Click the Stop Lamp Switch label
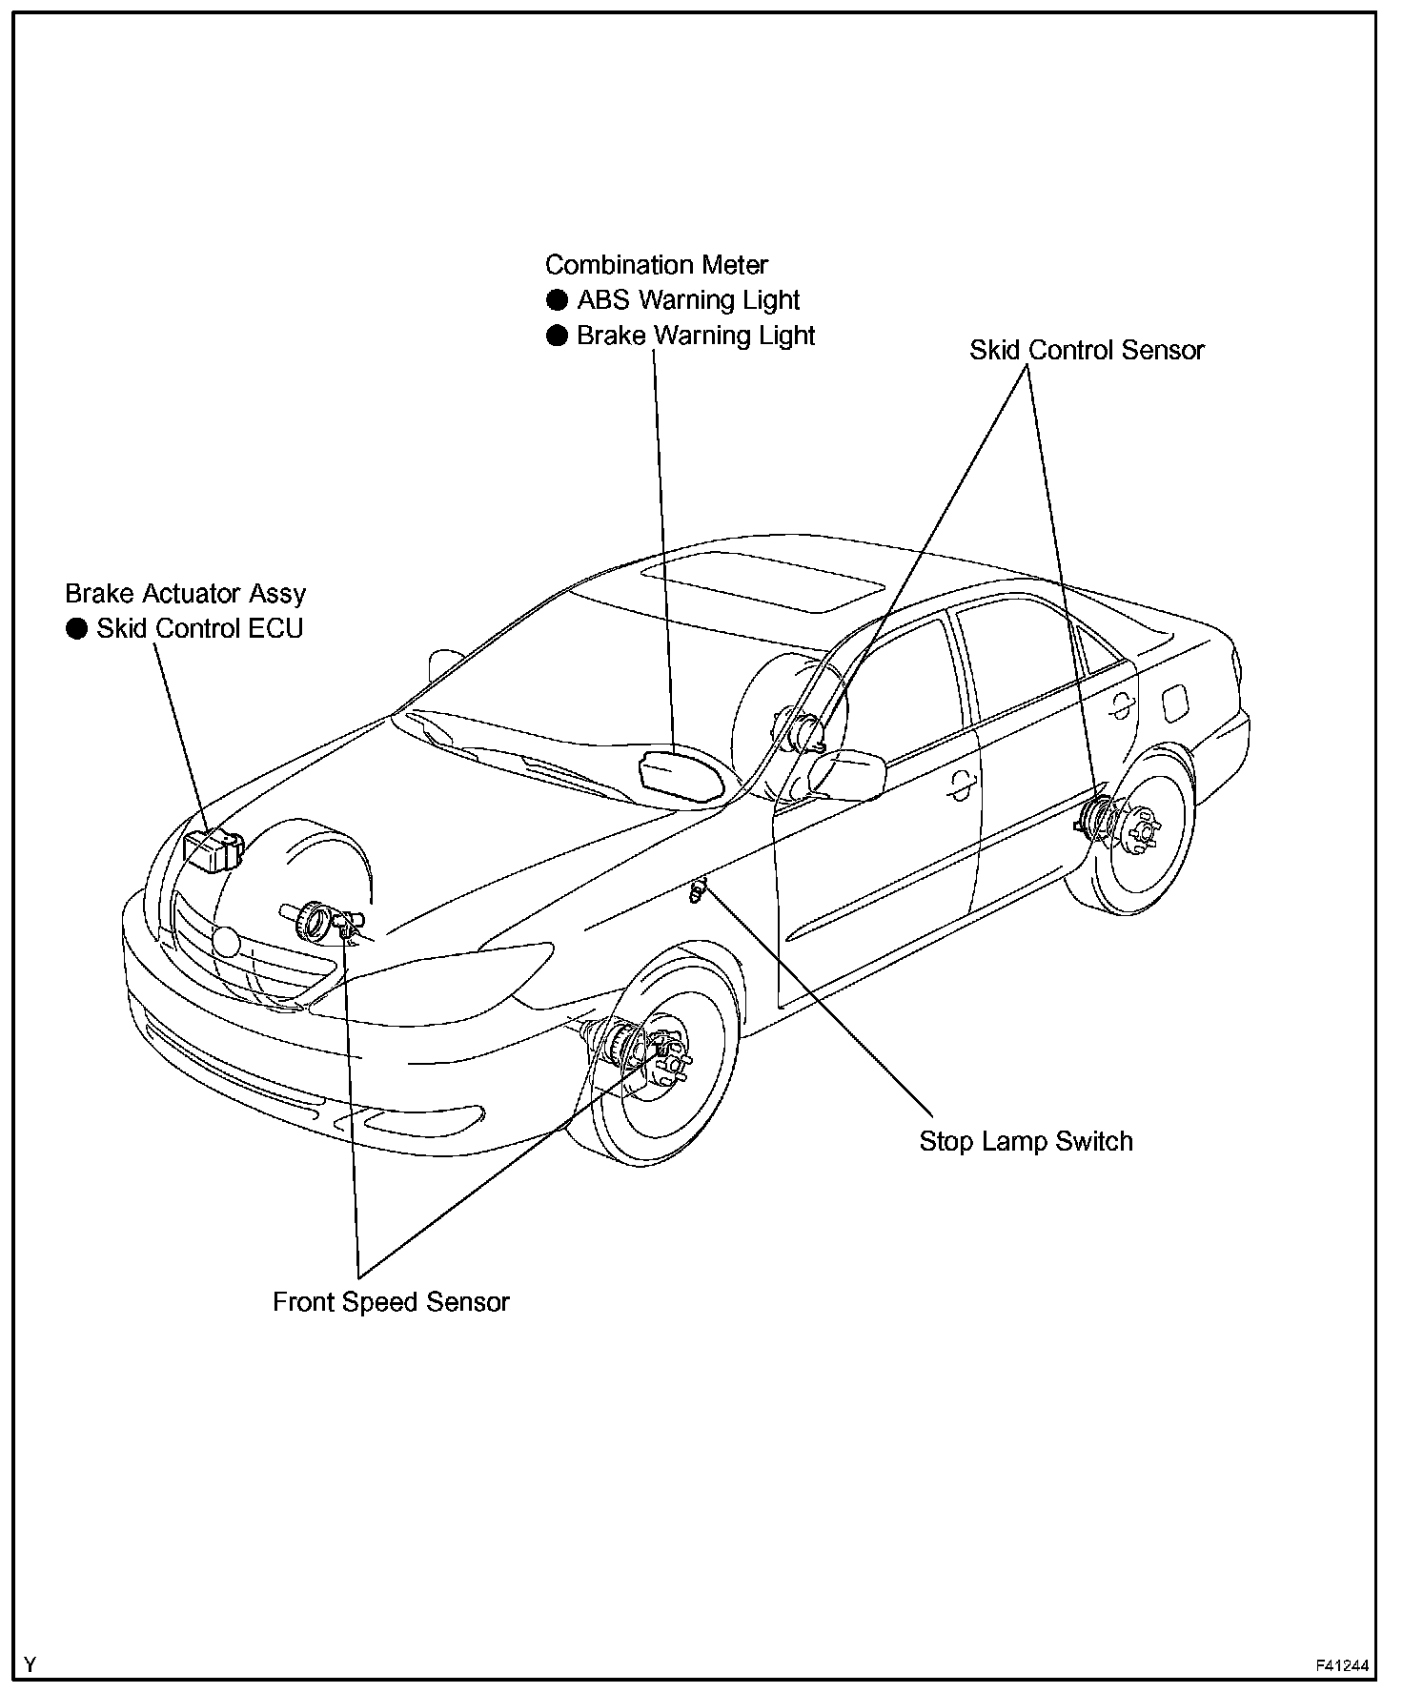coord(1026,1141)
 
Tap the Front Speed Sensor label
coord(391,1302)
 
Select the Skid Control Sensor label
coord(1087,351)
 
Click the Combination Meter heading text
coord(656,265)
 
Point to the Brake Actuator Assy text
coord(185,594)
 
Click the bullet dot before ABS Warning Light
coord(557,300)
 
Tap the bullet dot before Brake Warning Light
coord(557,336)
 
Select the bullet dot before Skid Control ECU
coord(76,629)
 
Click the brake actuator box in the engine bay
coord(213,849)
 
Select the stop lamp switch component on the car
coord(699,892)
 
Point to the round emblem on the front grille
coord(227,942)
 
